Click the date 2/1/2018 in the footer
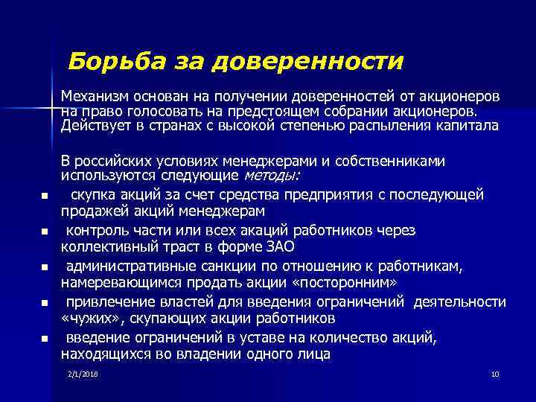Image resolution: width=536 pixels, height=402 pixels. pyautogui.click(x=82, y=373)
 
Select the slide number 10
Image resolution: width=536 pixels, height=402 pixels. pyautogui.click(x=494, y=373)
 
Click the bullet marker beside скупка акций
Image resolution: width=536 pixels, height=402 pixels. pyautogui.click(x=45, y=197)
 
